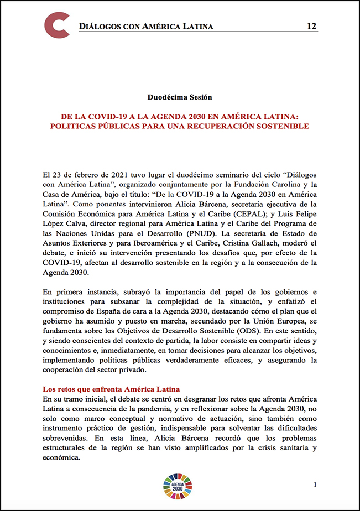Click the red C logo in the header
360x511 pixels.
tap(57, 25)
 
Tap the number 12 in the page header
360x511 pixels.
tap(312, 27)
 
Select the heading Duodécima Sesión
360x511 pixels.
tap(180, 97)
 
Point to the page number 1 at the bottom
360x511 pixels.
tap(315, 485)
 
